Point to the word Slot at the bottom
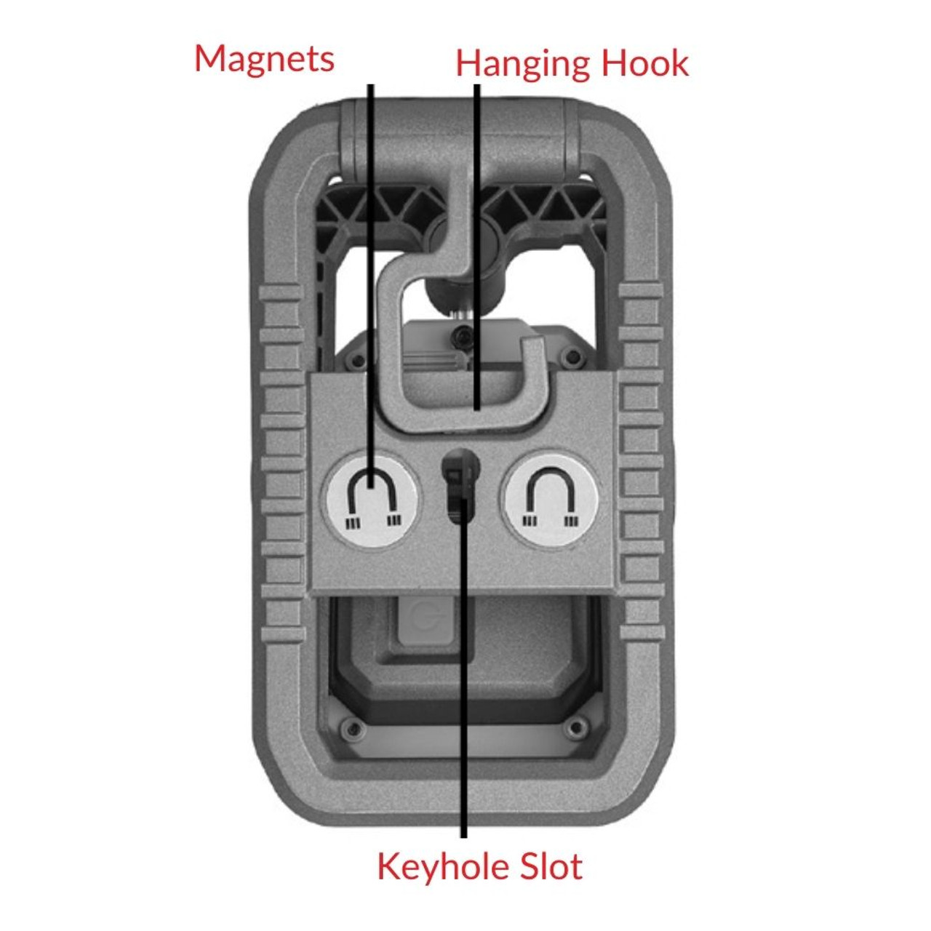tap(552, 866)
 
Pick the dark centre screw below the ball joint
tap(460, 336)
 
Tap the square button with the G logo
tap(425, 623)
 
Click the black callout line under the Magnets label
tap(370, 218)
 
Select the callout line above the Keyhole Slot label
tap(463, 691)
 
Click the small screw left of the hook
tap(356, 361)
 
